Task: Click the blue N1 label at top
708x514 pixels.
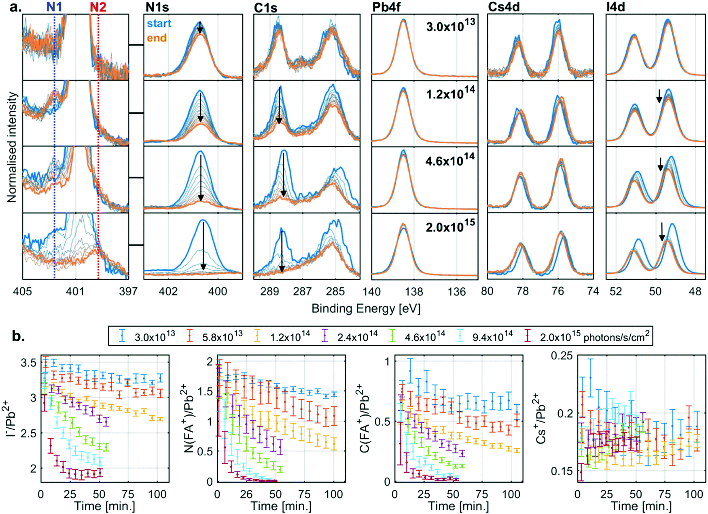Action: tap(55, 7)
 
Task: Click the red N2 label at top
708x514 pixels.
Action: tap(98, 7)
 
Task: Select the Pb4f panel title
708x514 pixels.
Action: tap(386, 7)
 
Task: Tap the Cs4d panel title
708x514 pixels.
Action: tap(504, 7)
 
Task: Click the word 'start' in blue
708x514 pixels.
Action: tap(159, 23)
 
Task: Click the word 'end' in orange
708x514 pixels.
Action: tap(157, 38)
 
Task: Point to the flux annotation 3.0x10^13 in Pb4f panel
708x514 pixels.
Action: tap(450, 26)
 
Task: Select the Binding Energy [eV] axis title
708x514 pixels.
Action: tap(366, 309)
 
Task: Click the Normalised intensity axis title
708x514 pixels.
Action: tap(12, 147)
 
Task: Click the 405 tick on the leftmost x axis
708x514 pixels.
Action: tap(22, 291)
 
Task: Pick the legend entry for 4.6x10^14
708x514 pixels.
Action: tap(424, 336)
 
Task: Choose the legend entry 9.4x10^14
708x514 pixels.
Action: tap(492, 336)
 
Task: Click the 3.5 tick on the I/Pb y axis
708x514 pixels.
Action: tap(28, 362)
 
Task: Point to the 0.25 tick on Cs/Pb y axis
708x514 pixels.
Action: tap(562, 355)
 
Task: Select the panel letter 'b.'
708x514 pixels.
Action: tap(19, 336)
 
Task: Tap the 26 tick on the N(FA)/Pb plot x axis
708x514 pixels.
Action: tap(246, 494)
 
